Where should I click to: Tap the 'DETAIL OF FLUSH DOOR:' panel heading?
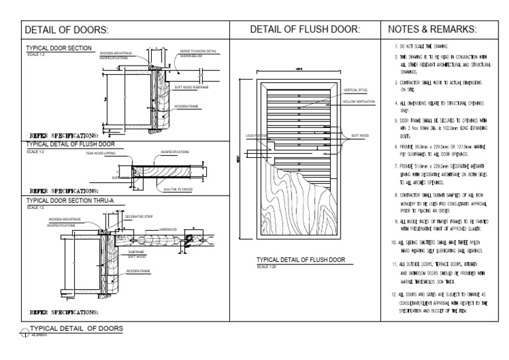tap(305, 30)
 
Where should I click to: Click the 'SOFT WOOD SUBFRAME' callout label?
tap(192, 86)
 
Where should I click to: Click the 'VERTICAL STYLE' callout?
tap(356, 90)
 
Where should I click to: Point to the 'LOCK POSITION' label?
tap(256, 135)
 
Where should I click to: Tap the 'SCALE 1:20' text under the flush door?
tap(266, 267)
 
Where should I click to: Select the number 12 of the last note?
tap(394, 294)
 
